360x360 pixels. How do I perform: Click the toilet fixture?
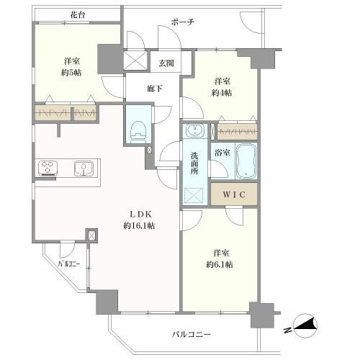click(x=138, y=132)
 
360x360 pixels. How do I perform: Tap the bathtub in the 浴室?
click(x=246, y=161)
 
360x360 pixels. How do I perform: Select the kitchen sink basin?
click(x=84, y=168)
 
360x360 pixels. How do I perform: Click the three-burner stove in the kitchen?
click(x=48, y=167)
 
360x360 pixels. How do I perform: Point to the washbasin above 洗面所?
click(x=195, y=130)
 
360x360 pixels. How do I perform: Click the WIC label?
click(x=234, y=194)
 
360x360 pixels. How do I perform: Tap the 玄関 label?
click(x=166, y=63)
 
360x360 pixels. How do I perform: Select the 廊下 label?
click(x=155, y=89)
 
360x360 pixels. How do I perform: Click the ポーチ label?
click(x=183, y=22)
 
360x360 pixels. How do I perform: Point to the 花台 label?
click(x=78, y=15)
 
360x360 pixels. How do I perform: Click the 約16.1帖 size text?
click(x=139, y=226)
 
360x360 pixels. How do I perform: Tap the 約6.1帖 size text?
click(x=220, y=264)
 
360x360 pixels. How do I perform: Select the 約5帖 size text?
click(x=71, y=73)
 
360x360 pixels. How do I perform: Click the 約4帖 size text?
click(x=222, y=93)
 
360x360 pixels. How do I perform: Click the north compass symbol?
click(x=304, y=326)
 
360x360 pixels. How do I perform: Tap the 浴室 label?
click(x=222, y=153)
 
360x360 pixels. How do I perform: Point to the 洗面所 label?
click(x=194, y=163)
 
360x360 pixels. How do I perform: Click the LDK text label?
click(x=140, y=214)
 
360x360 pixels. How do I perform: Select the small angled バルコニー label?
click(x=69, y=264)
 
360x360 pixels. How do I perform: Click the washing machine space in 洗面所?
click(x=194, y=196)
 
